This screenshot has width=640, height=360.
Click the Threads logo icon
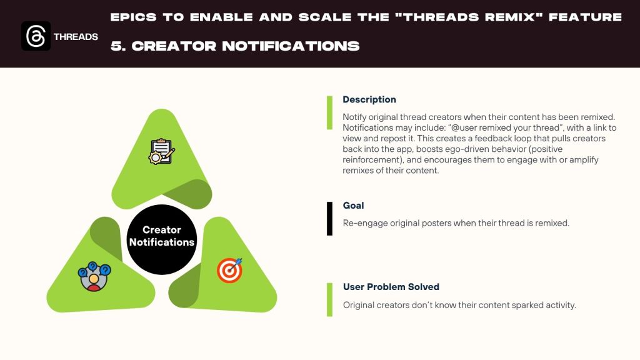click(x=36, y=36)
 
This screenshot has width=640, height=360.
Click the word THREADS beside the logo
click(x=76, y=37)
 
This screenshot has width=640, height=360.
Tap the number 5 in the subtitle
click(x=117, y=46)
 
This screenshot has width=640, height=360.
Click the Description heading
click(x=369, y=99)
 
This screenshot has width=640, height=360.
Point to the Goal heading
click(x=354, y=205)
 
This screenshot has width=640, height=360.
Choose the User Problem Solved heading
click(x=391, y=287)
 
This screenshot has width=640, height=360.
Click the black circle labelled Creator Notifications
click(x=162, y=239)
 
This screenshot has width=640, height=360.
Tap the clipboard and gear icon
click(x=162, y=151)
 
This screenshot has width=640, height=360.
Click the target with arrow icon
click(x=230, y=270)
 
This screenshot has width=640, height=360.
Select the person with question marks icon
click(x=94, y=276)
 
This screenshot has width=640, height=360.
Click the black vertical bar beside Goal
click(x=329, y=218)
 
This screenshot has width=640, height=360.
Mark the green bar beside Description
click(x=329, y=112)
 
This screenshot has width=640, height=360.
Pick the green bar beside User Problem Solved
click(x=329, y=299)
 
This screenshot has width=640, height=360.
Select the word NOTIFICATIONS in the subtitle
click(x=291, y=46)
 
